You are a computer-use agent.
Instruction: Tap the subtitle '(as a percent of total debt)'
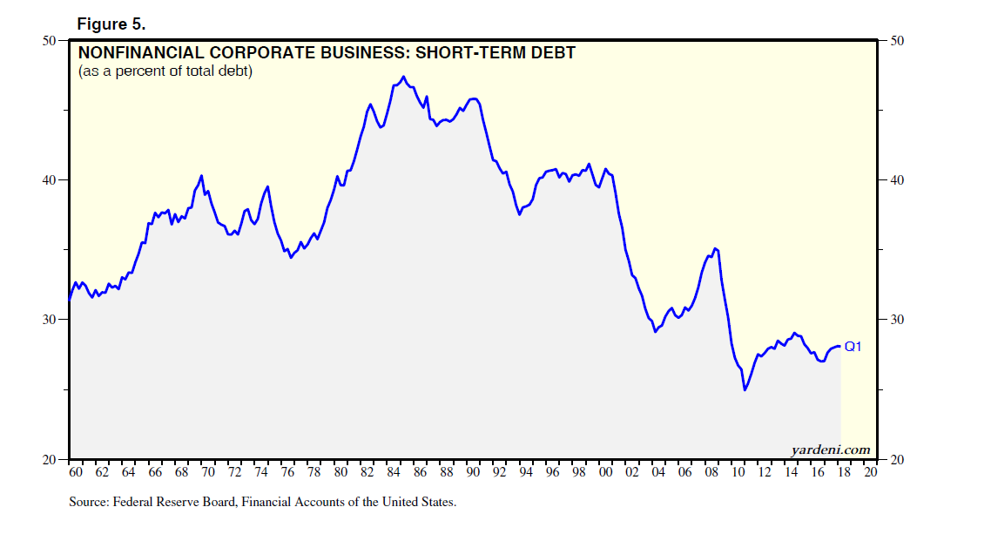pos(165,71)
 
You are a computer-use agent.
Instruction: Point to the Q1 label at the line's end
pos(853,347)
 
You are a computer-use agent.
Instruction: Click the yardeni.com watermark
pos(831,450)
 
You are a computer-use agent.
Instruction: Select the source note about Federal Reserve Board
pos(262,502)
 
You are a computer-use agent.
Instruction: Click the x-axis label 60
pos(75,473)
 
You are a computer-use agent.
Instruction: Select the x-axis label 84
pos(394,473)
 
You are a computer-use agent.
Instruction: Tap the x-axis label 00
pos(606,473)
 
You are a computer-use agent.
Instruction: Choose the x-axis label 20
pos(871,473)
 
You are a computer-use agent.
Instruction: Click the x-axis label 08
pos(711,473)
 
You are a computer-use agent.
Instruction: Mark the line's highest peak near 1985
pos(403,77)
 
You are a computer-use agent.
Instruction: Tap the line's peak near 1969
pos(201,176)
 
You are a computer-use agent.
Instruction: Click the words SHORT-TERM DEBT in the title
pos(495,53)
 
